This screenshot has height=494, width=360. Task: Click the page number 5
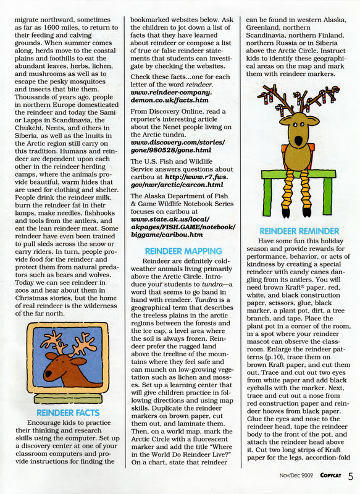[350, 475]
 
